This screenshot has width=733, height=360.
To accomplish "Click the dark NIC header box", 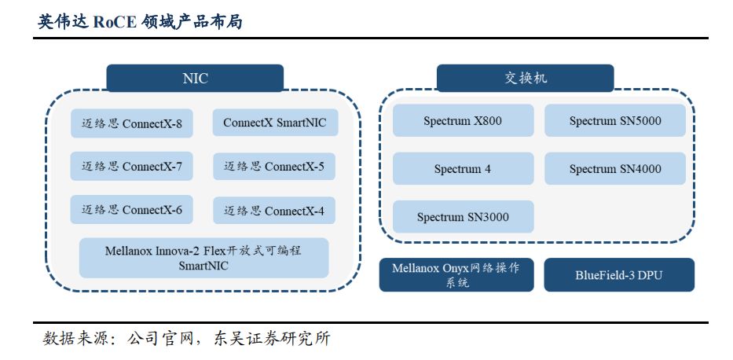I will pos(195,79).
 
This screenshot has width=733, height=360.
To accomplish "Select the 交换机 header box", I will pos(525,79).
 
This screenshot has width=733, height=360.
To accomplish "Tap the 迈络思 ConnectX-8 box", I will pos(132,123).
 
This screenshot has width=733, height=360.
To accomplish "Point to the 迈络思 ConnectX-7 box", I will pos(132,167).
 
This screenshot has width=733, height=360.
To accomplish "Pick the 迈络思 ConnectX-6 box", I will pos(132,210).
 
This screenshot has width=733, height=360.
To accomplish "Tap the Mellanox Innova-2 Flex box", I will pos(203,258).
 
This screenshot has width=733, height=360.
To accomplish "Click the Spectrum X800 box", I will pos(463,121).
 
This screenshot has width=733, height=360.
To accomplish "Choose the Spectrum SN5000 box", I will pos(615,121).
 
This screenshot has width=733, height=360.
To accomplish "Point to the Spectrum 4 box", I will pos(463,169).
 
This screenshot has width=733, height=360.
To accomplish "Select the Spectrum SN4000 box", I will pos(615,169).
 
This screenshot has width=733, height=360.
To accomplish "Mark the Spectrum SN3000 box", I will pos(463,217).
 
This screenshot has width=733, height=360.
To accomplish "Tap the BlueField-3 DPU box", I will pos(619,275).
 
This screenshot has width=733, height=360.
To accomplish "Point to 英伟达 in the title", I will pos(62,22).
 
